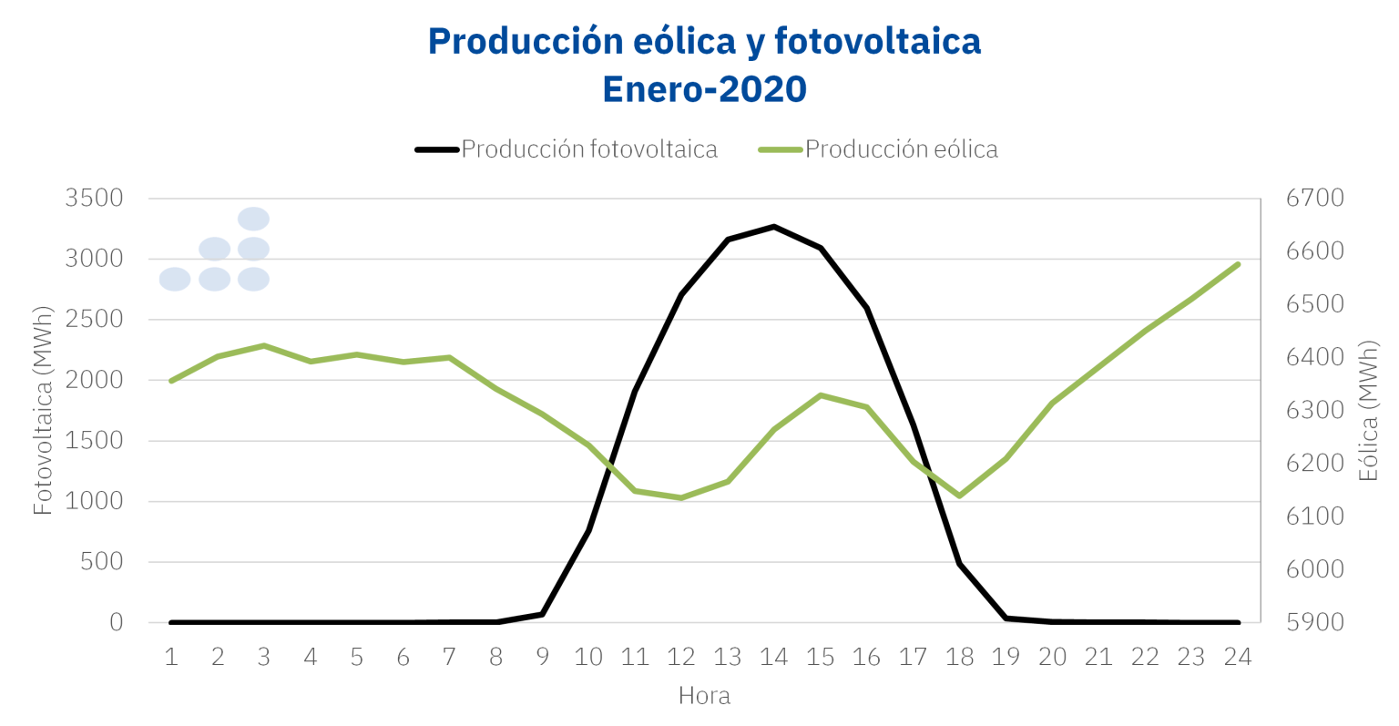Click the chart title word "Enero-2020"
(704, 89)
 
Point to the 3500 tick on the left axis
(94, 199)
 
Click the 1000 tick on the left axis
(94, 502)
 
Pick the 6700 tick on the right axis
(1314, 199)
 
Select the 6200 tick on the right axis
(1314, 464)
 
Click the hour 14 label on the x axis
(773, 658)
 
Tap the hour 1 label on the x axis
(171, 658)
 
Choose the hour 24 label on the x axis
(1237, 658)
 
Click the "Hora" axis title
(704, 697)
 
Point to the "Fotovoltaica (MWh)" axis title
(43, 411)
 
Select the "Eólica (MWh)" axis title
(1368, 411)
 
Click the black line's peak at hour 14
(774, 226)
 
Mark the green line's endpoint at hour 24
(1238, 264)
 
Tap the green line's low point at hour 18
(959, 496)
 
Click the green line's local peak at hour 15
(821, 395)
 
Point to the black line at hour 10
(588, 530)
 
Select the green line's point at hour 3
(264, 346)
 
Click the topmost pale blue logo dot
(253, 219)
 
